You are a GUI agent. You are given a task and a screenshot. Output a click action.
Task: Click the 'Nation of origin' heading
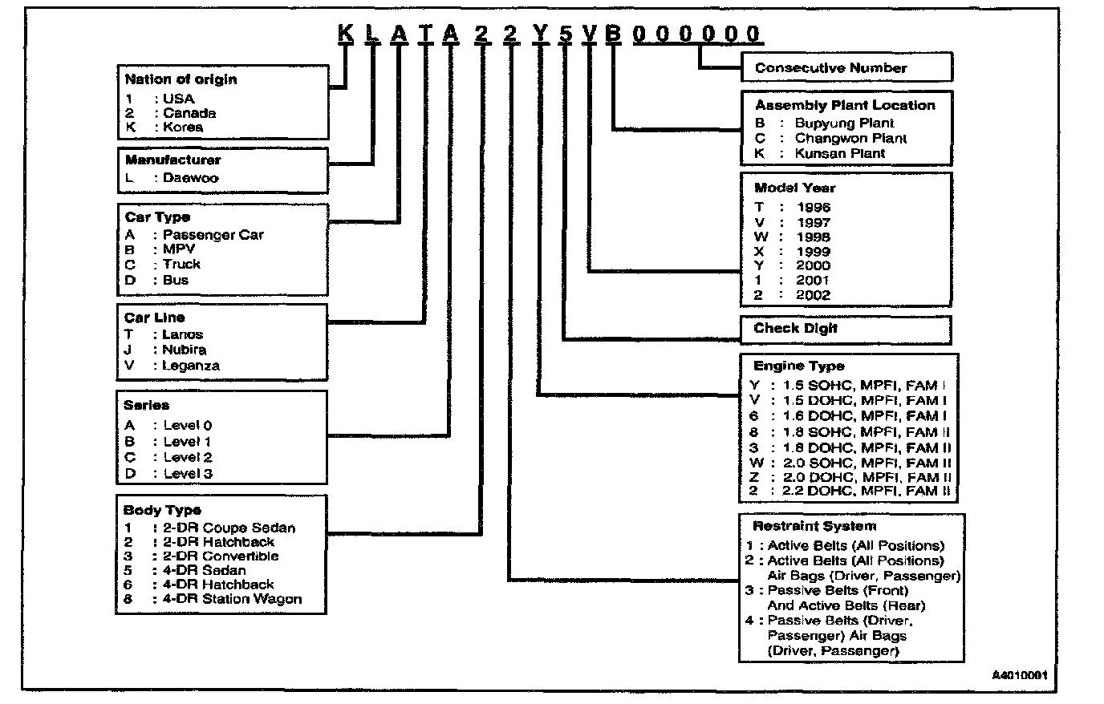tap(181, 79)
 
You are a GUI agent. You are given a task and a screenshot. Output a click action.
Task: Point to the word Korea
tap(183, 127)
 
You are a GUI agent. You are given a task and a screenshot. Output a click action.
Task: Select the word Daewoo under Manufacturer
tap(190, 178)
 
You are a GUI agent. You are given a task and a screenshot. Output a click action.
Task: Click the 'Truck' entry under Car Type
tap(181, 264)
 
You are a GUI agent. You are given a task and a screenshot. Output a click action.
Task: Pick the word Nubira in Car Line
tap(184, 350)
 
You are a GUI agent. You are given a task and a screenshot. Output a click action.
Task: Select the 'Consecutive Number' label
tap(830, 68)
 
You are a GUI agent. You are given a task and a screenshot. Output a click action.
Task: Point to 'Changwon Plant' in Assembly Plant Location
tap(850, 138)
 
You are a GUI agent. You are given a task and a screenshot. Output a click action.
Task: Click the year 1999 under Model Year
tap(813, 252)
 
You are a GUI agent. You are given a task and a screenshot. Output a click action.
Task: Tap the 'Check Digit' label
tap(795, 328)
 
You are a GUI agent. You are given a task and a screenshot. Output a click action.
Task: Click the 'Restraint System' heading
tap(814, 527)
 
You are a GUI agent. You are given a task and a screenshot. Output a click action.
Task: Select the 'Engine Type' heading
tap(798, 366)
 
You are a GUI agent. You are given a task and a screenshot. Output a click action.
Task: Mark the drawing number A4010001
tap(1019, 675)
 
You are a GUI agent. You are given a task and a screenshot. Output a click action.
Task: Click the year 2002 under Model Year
tap(813, 295)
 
